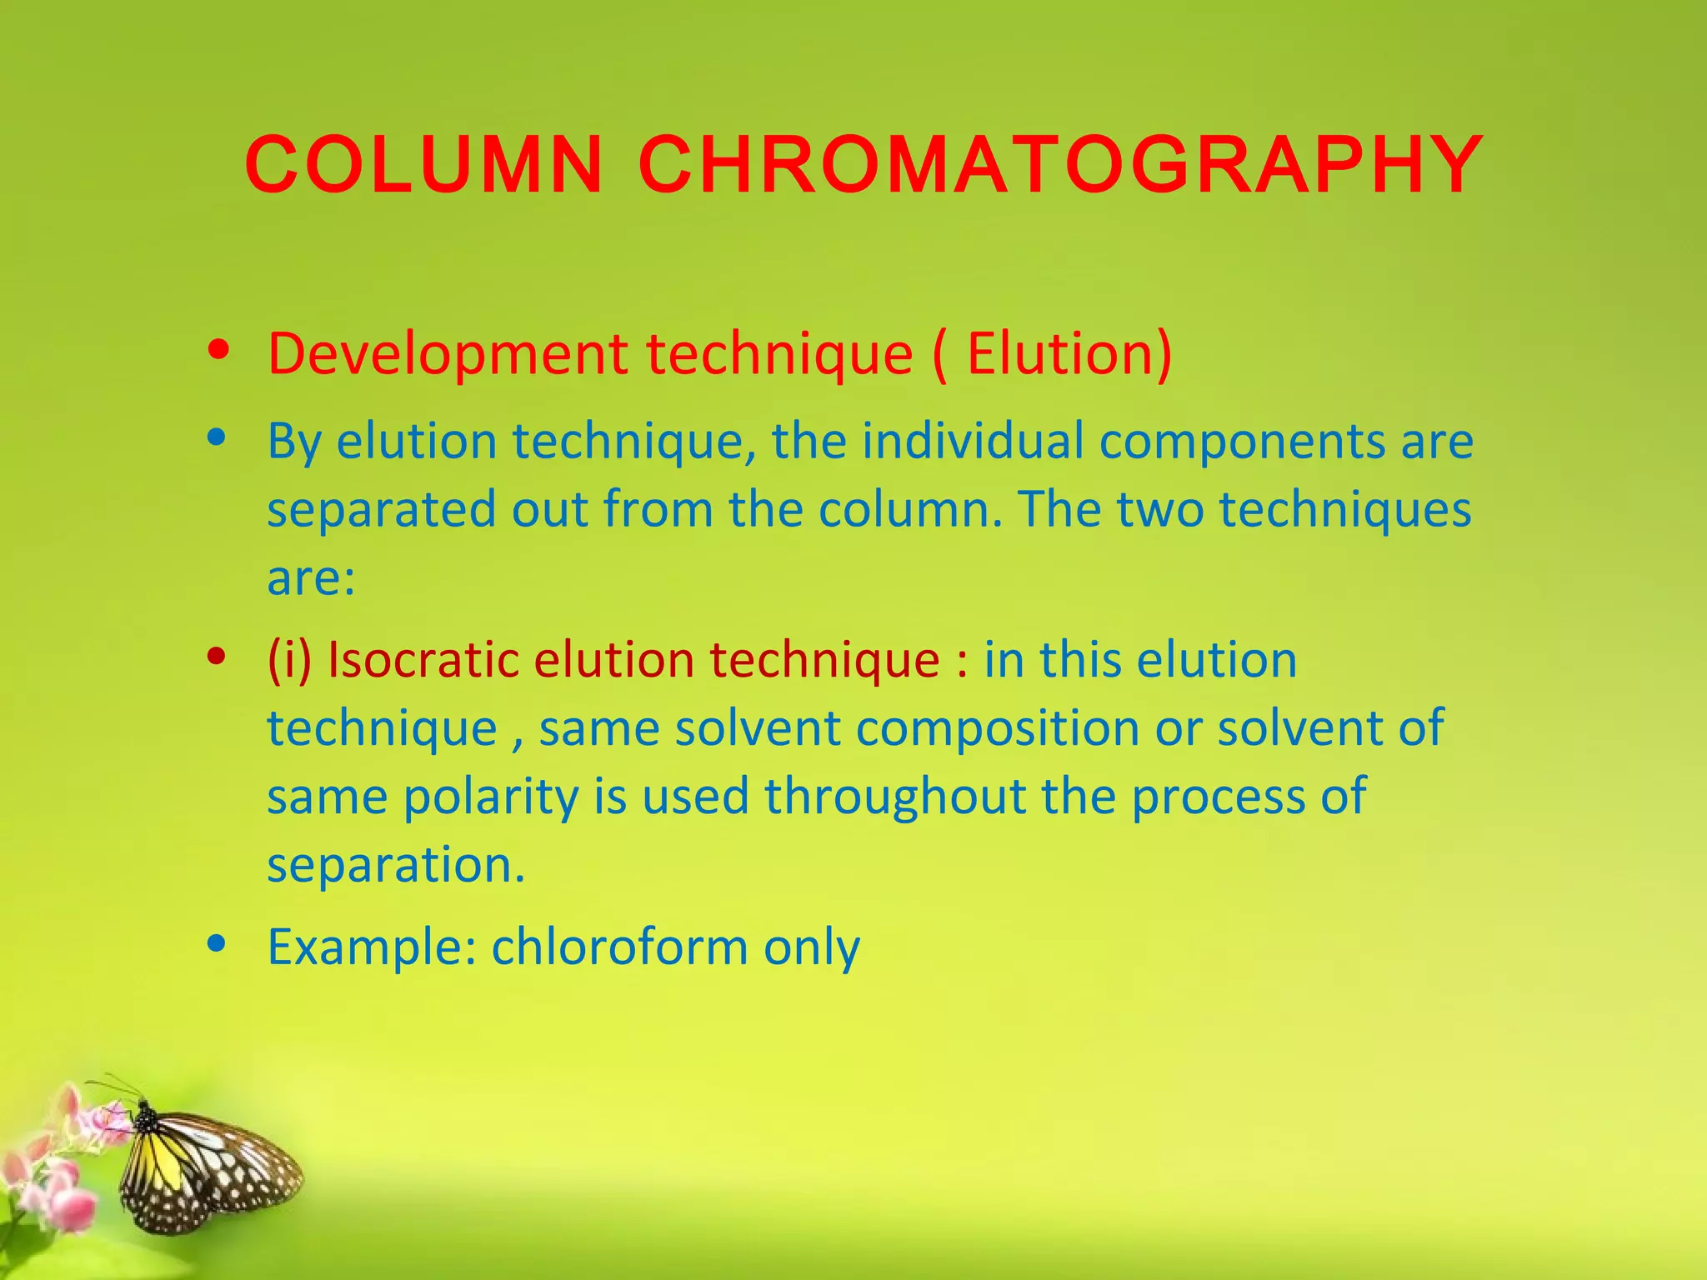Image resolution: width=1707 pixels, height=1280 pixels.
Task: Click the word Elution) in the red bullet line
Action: tap(1069, 354)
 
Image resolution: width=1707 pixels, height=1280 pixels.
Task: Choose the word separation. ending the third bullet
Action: tap(396, 866)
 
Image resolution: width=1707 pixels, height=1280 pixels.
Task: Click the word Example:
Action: tap(372, 947)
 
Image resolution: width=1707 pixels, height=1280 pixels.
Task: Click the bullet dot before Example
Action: tap(218, 944)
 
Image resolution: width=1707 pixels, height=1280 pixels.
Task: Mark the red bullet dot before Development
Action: tap(219, 350)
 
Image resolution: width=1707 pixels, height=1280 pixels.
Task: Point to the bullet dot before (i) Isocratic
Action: tap(218, 657)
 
